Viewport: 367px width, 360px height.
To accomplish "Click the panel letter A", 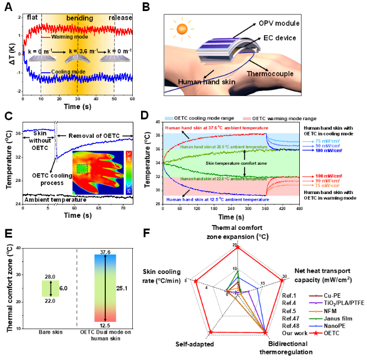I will pyautogui.click(x=7, y=7).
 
